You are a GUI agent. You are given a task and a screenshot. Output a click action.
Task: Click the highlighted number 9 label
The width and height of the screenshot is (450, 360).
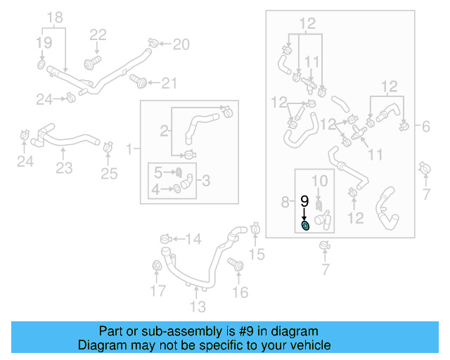(304, 201)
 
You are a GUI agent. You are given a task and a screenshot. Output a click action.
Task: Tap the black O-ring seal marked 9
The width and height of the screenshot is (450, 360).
(305, 226)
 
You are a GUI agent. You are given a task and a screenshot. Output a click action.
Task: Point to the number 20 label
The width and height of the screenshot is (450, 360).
(181, 45)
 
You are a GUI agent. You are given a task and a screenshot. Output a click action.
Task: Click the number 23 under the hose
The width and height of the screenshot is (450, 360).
(64, 168)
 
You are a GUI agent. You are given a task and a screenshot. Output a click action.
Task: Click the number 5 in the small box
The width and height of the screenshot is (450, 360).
(158, 172)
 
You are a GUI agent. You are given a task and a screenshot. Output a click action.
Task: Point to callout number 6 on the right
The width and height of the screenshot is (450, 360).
(425, 127)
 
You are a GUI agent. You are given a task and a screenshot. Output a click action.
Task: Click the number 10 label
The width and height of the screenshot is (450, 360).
(319, 181)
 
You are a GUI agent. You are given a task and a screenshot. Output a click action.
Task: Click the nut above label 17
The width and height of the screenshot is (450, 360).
(158, 266)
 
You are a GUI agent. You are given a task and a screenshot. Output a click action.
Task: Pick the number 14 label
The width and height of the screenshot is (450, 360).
(193, 239)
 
